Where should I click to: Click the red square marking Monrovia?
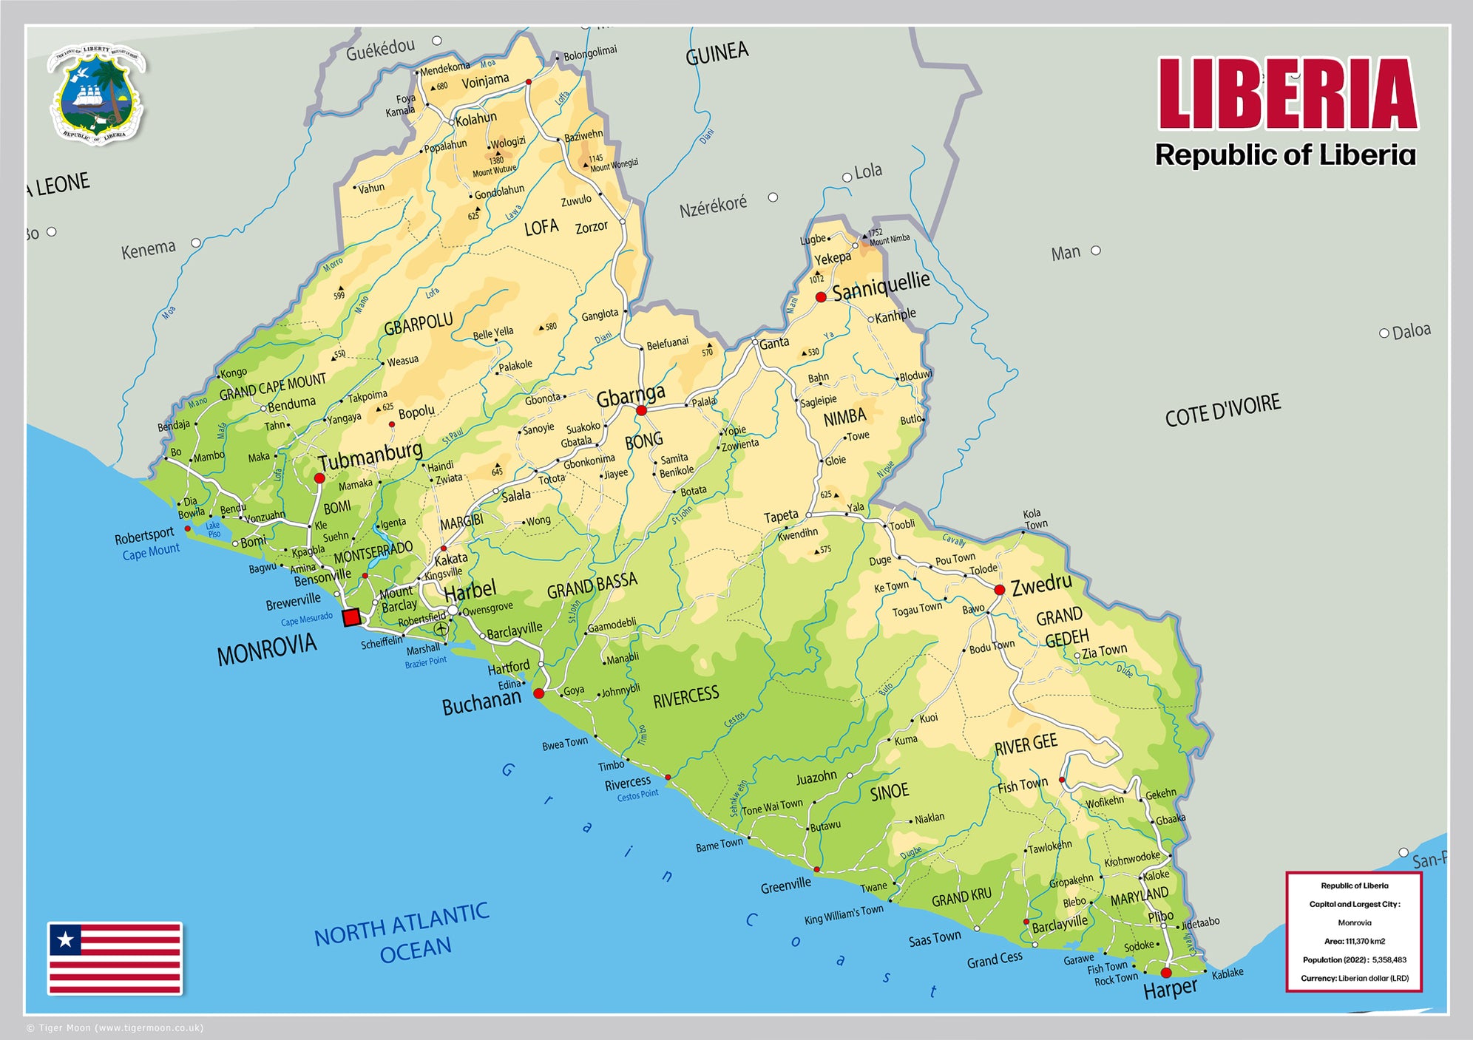[x=352, y=617]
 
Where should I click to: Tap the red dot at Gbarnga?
[x=641, y=410]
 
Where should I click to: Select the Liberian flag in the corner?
[x=115, y=958]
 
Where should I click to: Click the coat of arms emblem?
[x=97, y=94]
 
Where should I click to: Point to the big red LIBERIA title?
[x=1287, y=95]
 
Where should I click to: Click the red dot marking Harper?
[x=1166, y=973]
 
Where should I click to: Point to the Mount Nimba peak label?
[x=889, y=237]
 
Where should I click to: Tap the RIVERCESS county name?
[x=685, y=696]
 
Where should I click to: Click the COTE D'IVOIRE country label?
[x=1222, y=410]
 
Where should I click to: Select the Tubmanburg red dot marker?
[x=319, y=478]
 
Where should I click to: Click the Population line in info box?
[x=1354, y=959]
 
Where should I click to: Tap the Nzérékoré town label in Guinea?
[x=713, y=205]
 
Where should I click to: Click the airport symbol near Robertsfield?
[x=441, y=629]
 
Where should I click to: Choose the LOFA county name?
[x=541, y=227]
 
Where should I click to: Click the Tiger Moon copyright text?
[x=115, y=1027]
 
